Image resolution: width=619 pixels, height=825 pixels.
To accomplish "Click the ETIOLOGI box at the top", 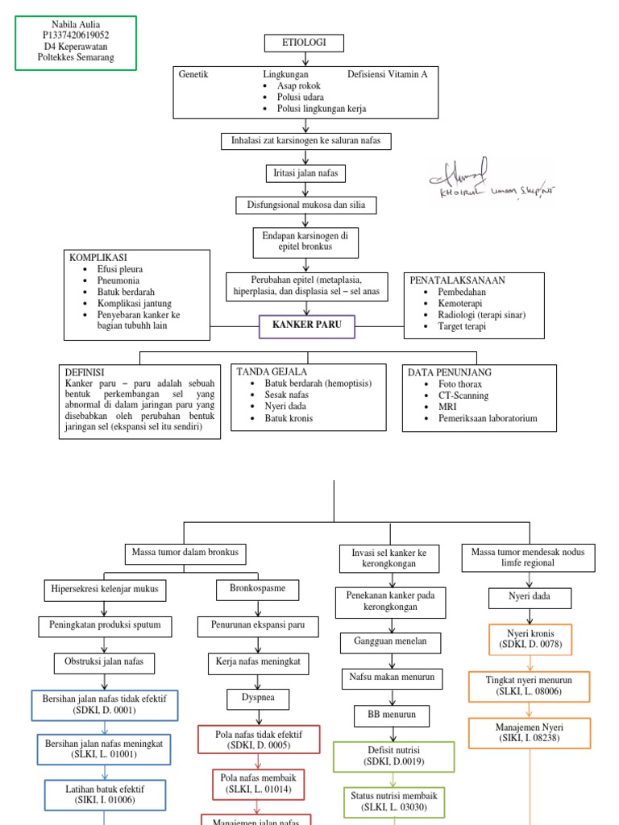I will (x=305, y=43).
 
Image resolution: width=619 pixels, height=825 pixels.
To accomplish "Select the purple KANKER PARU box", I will (x=306, y=326).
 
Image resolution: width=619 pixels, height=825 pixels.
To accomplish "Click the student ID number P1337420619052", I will (x=77, y=35).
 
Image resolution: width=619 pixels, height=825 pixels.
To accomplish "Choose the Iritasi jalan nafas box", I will (x=305, y=172).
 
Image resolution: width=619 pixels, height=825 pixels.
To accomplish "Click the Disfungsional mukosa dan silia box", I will (x=305, y=205).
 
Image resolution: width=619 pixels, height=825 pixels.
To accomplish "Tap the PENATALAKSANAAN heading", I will (x=457, y=280).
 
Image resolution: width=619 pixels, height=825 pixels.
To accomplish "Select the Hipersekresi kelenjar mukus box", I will (x=106, y=589).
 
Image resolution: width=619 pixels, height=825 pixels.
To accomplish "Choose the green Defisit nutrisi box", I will (x=393, y=756).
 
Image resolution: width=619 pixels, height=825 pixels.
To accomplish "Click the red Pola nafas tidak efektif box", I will (x=258, y=740).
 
